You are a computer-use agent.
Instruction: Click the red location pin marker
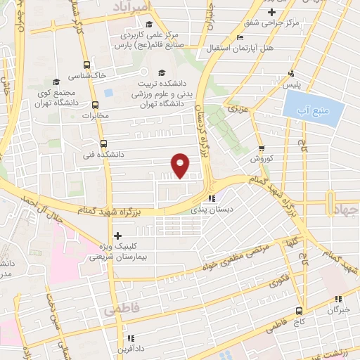(x=181, y=165)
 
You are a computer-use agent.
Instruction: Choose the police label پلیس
(x=291, y=84)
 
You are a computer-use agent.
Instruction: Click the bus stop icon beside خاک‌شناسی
(x=86, y=62)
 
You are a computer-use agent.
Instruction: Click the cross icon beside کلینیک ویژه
(x=117, y=236)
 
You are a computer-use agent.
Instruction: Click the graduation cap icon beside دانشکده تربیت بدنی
(x=162, y=72)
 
